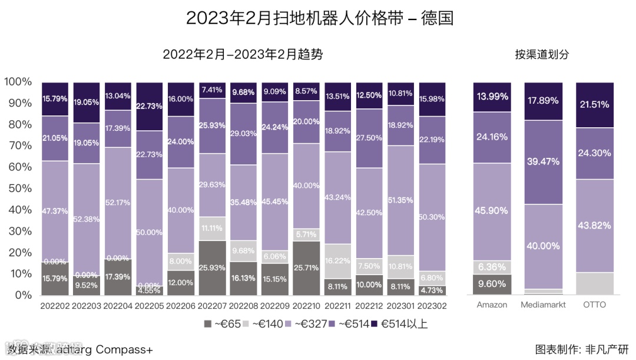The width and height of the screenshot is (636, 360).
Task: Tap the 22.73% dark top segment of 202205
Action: [150, 106]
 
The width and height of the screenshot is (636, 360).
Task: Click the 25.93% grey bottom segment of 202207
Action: [213, 267]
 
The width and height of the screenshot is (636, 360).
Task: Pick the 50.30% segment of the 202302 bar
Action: [432, 217]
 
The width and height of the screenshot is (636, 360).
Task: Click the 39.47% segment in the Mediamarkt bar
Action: [543, 161]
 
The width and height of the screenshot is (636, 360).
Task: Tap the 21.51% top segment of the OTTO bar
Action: [594, 104]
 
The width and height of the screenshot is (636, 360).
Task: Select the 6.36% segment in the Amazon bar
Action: [492, 267]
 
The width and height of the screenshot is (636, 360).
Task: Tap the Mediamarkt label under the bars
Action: [543, 305]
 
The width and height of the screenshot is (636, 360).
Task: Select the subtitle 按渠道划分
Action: [542, 54]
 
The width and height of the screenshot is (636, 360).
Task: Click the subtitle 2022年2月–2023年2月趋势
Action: [243, 54]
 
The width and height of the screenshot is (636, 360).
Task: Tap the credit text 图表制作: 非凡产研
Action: [582, 349]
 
